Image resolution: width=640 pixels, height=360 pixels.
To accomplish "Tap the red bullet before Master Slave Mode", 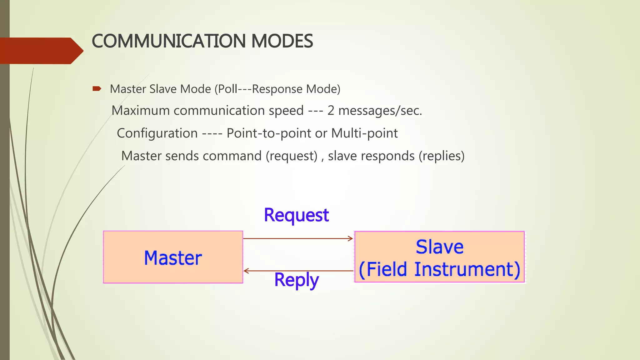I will click(97, 89).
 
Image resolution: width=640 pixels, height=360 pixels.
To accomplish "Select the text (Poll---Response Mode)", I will click(277, 89).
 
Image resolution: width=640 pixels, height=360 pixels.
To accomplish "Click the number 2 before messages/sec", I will click(331, 111).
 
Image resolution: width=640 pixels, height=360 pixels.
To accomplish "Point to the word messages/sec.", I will click(380, 111).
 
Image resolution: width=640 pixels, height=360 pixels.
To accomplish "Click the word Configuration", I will click(157, 133).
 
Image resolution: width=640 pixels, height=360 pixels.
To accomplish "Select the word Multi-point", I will click(364, 133).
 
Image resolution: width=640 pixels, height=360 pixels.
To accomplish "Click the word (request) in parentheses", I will click(292, 156).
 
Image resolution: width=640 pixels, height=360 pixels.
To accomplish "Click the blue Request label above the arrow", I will click(296, 215).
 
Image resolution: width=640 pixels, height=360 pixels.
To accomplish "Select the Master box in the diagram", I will click(173, 257).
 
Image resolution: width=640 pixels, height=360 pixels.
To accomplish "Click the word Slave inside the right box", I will click(439, 247).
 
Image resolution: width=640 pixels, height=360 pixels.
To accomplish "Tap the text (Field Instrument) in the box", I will click(439, 269).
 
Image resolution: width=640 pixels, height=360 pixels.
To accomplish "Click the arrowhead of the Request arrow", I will click(351, 239).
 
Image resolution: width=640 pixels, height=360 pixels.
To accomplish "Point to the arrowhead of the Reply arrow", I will click(246, 271).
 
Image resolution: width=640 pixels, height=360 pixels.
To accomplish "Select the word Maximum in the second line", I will click(140, 111).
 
